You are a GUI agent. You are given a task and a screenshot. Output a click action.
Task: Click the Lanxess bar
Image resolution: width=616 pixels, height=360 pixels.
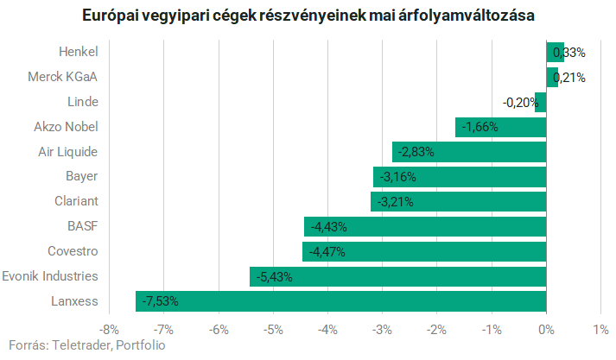pos(340,301)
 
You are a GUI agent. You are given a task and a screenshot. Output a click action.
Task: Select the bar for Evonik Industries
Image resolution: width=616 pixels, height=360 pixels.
pos(397,276)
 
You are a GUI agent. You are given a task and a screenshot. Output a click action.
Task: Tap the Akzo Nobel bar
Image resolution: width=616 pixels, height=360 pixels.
pos(500,127)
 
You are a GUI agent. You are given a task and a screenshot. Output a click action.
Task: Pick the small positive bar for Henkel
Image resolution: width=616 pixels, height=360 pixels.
pos(555,53)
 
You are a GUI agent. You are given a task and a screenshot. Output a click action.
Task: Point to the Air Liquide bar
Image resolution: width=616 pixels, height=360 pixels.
pos(469,152)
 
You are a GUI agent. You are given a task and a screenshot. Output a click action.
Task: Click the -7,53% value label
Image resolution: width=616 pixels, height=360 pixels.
pos(161,301)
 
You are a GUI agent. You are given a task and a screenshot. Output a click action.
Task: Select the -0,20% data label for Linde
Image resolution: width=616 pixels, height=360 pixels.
pos(519,103)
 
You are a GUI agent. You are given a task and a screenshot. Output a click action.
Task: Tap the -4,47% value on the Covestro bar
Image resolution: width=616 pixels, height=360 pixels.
pos(327,252)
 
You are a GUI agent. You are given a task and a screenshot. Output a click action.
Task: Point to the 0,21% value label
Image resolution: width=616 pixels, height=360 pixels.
pos(569,78)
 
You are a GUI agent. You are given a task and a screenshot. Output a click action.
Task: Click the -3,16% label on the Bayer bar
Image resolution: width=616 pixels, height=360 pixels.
pos(398,177)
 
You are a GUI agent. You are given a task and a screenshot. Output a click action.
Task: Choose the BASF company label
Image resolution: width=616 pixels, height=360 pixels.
pos(82,226)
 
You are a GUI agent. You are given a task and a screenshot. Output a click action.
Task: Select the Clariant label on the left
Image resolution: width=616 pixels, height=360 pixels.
pos(75,201)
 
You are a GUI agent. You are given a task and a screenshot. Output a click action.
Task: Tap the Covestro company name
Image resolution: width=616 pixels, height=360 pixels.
pos(73,251)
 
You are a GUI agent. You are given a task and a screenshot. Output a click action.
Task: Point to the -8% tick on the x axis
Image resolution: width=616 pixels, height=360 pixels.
pos(109,329)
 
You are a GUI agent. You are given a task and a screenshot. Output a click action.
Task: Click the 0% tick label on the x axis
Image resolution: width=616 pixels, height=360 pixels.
pos(546,329)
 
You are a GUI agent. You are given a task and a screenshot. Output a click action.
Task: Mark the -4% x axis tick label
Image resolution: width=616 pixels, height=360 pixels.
pos(327,329)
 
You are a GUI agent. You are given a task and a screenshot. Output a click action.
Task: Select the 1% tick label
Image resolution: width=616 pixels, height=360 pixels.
pos(600,329)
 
